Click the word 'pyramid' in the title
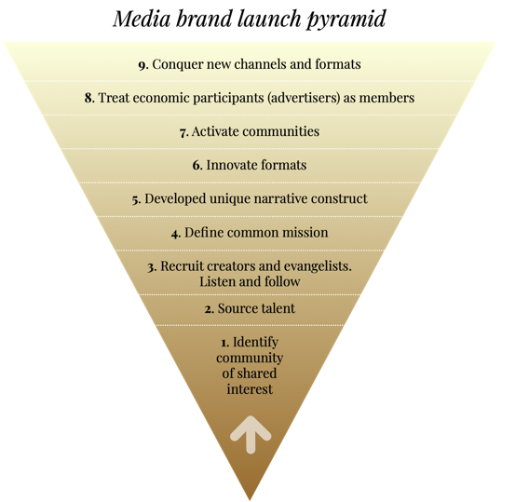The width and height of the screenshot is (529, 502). (346, 20)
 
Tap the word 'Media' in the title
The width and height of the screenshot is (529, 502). (142, 19)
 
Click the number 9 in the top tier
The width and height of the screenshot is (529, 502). (143, 65)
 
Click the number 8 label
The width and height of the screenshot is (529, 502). (89, 98)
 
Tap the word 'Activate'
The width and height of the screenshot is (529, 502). (215, 131)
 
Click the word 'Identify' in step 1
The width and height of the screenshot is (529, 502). (256, 343)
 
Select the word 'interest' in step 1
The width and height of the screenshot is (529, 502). (250, 389)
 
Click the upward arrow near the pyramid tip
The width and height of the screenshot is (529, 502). (251, 435)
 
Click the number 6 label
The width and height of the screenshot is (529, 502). (197, 166)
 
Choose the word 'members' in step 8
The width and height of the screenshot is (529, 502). (387, 98)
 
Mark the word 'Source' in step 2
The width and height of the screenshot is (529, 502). (235, 308)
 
